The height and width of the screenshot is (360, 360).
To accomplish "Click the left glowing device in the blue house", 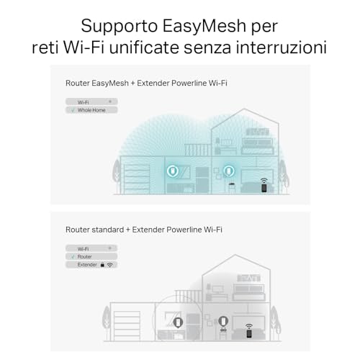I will point(174,172).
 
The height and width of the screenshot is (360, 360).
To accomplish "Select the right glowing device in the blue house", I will point(228,172).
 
